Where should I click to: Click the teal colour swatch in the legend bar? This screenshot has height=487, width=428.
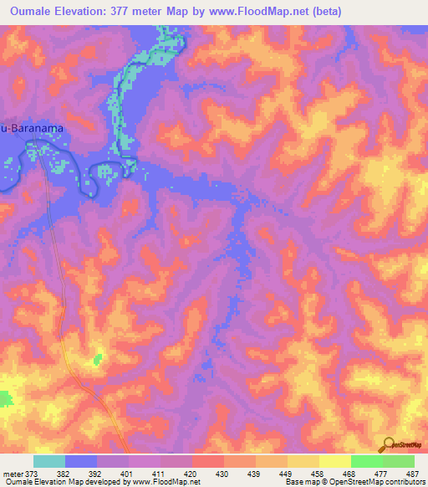[49, 461]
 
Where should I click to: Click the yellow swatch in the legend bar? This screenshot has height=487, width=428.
[334, 461]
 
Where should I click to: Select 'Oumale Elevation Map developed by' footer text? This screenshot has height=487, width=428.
[50, 482]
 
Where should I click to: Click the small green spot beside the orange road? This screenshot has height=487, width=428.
[98, 359]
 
